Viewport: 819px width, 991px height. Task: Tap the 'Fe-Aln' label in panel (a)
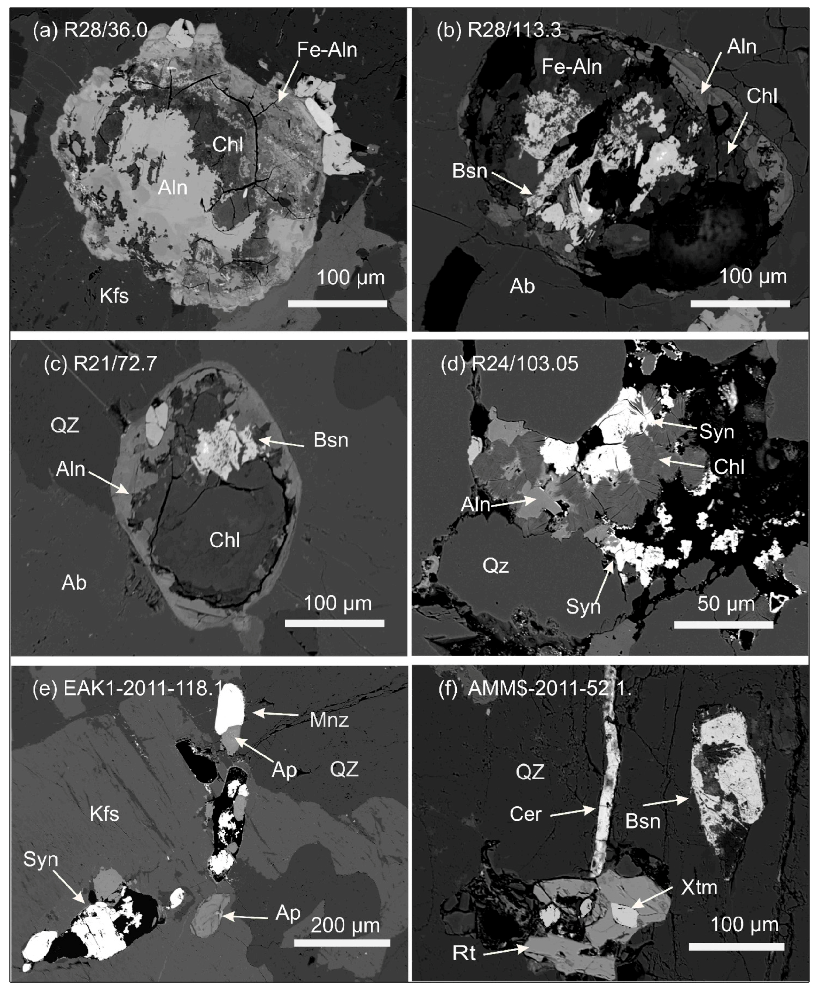[x=327, y=50]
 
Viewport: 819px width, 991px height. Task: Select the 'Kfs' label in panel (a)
[x=114, y=296]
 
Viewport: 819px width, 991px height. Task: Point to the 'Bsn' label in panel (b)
[x=469, y=171]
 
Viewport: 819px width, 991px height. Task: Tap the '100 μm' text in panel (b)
[x=753, y=276]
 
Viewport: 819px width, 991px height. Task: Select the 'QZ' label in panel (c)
[x=65, y=425]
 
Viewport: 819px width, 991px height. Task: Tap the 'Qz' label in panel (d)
[x=496, y=566]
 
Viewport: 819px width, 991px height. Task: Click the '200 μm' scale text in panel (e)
[x=345, y=925]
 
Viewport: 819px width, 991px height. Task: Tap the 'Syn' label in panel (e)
[x=41, y=859]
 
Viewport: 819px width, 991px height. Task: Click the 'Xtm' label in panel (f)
[x=699, y=888]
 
